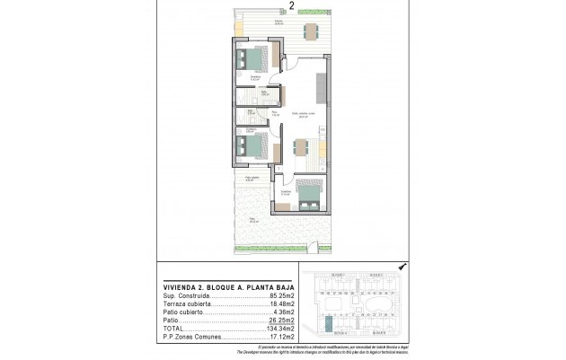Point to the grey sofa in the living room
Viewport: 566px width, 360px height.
(320, 87)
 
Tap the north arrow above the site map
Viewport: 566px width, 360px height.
(401, 267)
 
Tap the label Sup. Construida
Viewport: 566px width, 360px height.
(184, 294)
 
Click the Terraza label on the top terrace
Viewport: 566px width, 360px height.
(254, 22)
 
